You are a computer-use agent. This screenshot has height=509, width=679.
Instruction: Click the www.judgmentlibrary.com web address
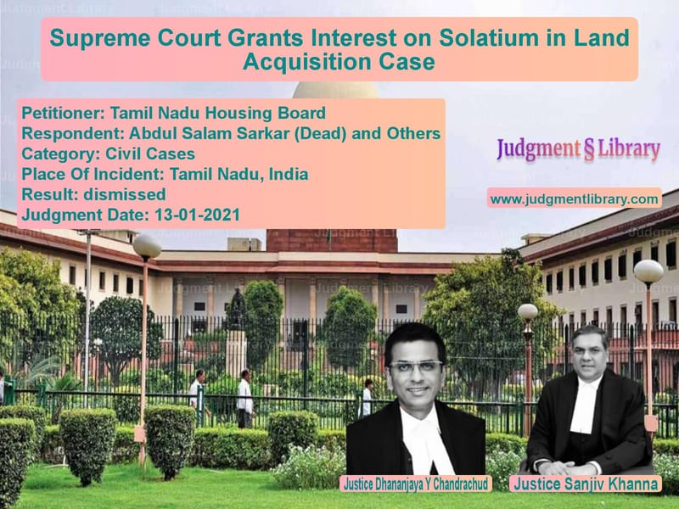(575, 199)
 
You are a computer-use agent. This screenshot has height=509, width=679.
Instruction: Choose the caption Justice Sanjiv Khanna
(584, 484)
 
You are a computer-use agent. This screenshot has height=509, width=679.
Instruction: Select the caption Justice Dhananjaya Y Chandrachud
(414, 484)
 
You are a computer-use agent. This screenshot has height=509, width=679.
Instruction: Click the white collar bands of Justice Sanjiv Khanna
(583, 416)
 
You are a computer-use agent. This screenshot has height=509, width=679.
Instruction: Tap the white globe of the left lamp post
(147, 246)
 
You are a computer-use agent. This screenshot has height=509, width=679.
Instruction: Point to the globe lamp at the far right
(648, 271)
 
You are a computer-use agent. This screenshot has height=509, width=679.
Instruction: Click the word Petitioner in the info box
(57, 112)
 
